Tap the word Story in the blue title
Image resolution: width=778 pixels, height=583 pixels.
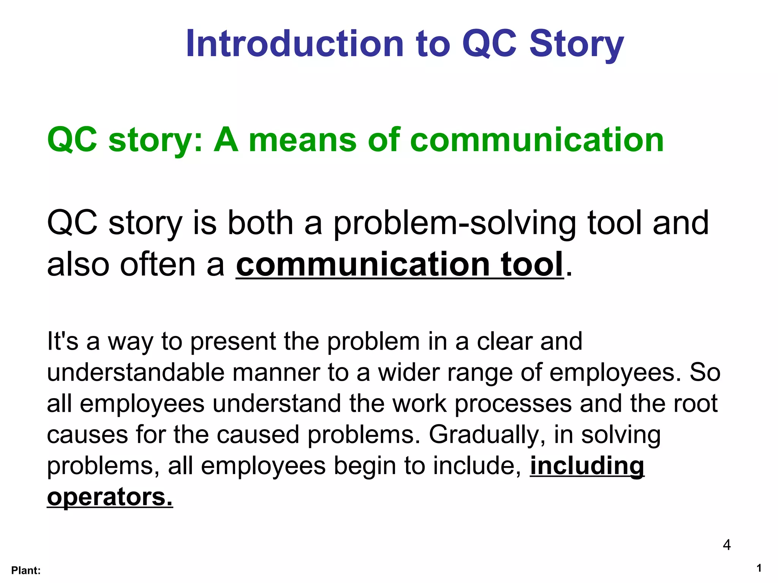(x=576, y=45)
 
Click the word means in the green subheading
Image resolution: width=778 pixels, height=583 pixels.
(x=302, y=140)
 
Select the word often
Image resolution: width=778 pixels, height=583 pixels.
(x=159, y=264)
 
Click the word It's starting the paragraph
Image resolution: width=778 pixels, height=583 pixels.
(x=62, y=341)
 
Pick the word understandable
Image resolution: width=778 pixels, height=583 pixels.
(x=136, y=372)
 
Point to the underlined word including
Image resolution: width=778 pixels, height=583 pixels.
(x=587, y=466)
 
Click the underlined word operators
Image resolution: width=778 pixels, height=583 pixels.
(x=110, y=497)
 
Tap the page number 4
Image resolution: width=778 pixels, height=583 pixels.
(x=726, y=545)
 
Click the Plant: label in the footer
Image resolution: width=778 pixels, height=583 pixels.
(x=26, y=570)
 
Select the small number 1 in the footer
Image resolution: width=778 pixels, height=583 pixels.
(x=759, y=568)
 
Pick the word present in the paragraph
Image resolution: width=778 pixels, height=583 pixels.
(x=232, y=342)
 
